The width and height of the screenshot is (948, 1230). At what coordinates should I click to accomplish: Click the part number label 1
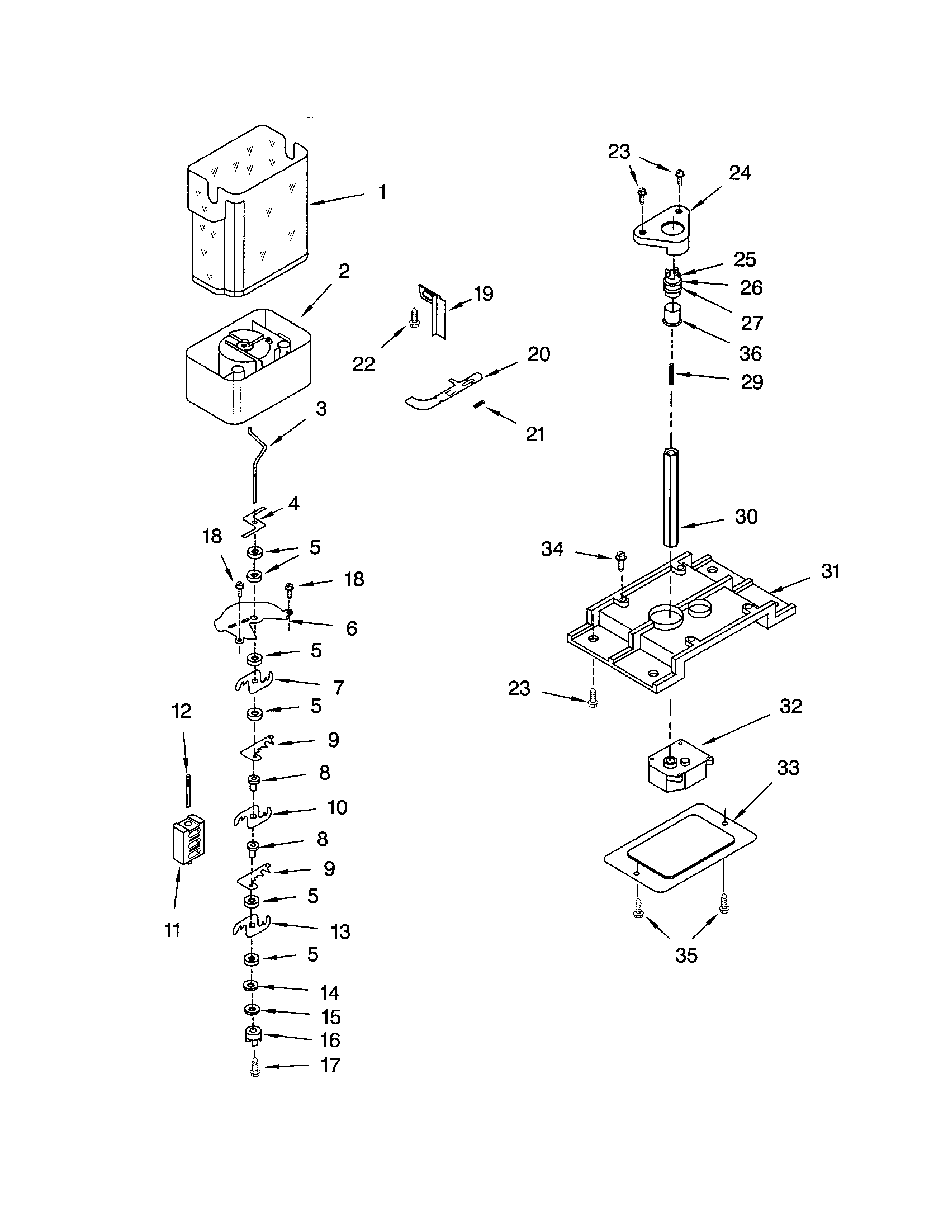382,193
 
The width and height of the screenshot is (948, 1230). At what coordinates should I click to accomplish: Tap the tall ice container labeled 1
248,214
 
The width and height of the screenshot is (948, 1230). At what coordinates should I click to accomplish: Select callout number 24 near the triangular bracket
740,173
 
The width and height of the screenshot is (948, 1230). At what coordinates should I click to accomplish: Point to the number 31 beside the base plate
830,571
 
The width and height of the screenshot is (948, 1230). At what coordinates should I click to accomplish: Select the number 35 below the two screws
686,955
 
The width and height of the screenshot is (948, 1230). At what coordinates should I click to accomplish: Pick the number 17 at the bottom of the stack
330,1065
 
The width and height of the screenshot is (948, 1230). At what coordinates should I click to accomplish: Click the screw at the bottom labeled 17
254,1068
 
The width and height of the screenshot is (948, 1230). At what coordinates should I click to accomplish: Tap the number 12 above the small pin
181,711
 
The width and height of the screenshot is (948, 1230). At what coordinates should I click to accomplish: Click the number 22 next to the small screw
363,365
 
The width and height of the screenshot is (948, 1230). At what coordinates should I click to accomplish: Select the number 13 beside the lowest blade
340,932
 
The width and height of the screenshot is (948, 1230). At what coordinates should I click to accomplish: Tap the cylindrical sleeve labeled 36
672,314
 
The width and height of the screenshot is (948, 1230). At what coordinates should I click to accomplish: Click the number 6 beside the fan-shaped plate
351,628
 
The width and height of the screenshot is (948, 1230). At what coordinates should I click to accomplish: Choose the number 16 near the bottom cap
330,1040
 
